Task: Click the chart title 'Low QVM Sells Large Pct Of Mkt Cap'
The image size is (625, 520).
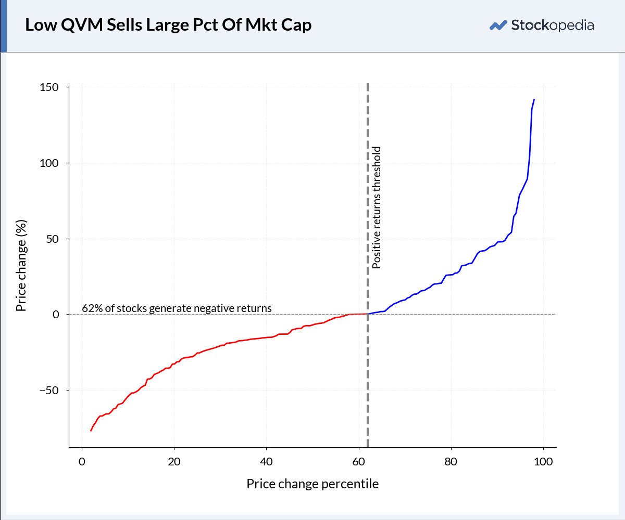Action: click(x=168, y=25)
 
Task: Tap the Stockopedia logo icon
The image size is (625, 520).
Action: click(x=498, y=25)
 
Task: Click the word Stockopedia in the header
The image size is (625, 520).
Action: click(x=553, y=25)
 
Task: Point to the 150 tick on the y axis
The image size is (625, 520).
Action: click(x=49, y=87)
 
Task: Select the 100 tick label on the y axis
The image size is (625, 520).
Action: click(x=49, y=163)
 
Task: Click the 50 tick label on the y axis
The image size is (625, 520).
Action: click(x=53, y=239)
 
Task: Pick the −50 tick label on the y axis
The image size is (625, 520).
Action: click(x=49, y=391)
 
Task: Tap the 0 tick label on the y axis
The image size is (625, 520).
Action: click(x=56, y=315)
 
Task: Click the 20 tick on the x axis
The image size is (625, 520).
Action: click(x=174, y=462)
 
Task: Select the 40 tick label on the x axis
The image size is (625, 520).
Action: click(x=266, y=462)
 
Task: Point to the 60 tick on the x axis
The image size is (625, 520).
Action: click(x=359, y=462)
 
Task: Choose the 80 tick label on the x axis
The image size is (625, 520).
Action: click(x=451, y=462)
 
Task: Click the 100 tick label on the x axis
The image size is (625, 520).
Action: click(x=543, y=462)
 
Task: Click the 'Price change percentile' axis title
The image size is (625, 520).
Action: click(x=312, y=484)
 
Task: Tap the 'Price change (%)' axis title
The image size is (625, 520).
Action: click(x=21, y=265)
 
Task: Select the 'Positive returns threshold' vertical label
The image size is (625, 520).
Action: click(x=376, y=207)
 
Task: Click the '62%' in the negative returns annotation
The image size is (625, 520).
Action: click(x=92, y=308)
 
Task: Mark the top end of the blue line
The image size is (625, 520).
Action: click(x=534, y=99)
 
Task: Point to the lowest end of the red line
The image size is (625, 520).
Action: click(x=91, y=431)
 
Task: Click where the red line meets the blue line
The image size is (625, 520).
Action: click(x=368, y=314)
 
